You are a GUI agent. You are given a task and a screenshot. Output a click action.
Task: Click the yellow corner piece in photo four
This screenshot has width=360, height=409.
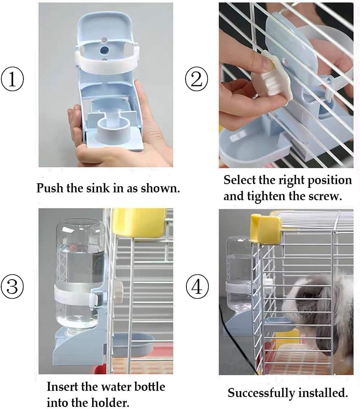(x=265, y=228)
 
